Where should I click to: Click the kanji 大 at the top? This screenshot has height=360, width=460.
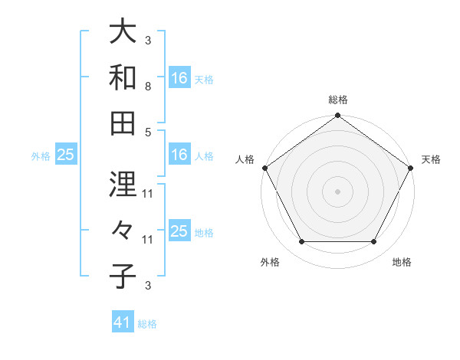pos(123,31)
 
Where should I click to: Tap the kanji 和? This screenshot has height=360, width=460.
pos(123,77)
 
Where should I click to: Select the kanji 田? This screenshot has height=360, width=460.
pos(123,123)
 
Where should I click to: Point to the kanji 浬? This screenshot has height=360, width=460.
pos(123,184)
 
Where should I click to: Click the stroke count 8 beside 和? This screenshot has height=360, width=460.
pos(148,87)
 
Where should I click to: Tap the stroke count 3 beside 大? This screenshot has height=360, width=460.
pos(148,41)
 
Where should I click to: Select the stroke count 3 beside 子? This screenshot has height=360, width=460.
pos(148,286)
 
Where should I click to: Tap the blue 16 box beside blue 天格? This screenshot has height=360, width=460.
pos(179,78)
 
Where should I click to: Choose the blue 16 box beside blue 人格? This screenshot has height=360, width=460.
pos(179,155)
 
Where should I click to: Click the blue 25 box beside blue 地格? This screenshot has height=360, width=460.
pos(179,231)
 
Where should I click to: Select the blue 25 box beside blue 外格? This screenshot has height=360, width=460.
pos(65,155)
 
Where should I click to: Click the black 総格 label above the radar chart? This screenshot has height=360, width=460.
pos(338,100)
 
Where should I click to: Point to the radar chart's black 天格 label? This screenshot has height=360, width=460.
pos(432,159)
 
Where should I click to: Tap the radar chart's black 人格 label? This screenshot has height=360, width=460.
pos(245,159)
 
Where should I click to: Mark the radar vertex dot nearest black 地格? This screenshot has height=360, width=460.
pos(374,242)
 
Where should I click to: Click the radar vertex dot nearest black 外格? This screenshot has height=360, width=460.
pos(301,242)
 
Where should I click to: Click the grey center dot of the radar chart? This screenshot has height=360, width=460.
pos(338,191)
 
